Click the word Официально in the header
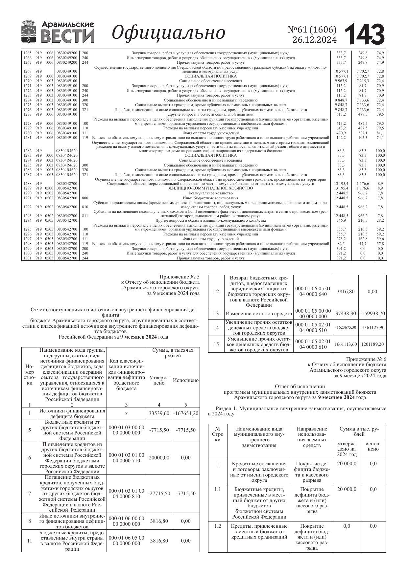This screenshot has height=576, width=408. point(168,33)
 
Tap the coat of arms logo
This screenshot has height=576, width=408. point(28,32)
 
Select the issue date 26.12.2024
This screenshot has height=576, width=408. point(314,40)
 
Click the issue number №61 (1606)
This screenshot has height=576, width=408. point(312,30)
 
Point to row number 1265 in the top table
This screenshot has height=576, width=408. point(28,53)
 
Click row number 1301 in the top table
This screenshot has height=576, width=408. point(28,258)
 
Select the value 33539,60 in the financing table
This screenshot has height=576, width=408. point(159,413)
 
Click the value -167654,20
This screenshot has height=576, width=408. point(186,413)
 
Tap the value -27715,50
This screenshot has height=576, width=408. point(159,494)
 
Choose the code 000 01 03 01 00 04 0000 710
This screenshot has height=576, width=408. point(126,458)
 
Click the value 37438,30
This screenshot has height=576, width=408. point(346,314)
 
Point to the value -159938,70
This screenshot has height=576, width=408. point(372,314)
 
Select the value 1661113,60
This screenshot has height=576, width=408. point(346,344)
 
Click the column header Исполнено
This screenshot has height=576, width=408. point(186,380)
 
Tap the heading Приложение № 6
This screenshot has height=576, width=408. point(366,359)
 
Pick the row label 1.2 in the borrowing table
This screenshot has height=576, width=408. point(218,526)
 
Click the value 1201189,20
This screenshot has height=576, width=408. point(372,344)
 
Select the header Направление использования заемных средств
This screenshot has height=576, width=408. point(312,437)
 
